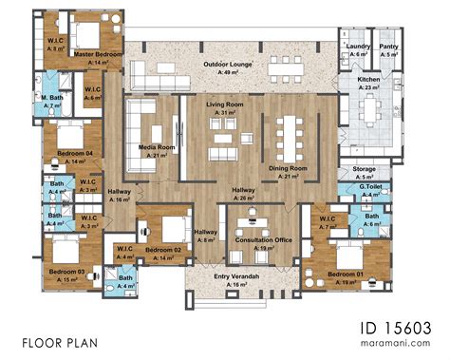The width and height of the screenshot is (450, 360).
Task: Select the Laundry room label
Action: pyautogui.click(x=357, y=46)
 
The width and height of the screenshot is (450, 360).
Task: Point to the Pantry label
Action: pyautogui.click(x=389, y=46)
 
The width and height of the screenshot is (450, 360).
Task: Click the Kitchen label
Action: pyautogui.click(x=369, y=81)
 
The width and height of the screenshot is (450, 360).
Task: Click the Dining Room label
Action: pyautogui.click(x=288, y=167)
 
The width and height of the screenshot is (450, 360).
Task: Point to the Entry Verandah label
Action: pyautogui.click(x=232, y=276)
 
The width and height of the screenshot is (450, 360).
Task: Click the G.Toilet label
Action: pyautogui.click(x=369, y=188)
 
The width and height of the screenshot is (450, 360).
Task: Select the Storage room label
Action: pyautogui.click(x=364, y=168)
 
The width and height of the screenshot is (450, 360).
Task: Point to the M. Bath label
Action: pyautogui.click(x=51, y=96)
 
